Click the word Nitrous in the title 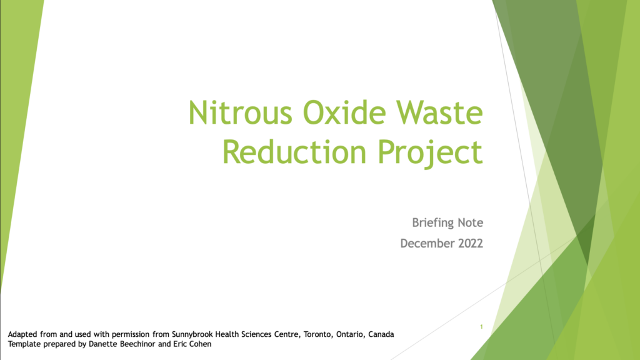pyautogui.click(x=240, y=112)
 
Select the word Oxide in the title pyautogui.click(x=344, y=112)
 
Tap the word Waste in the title pyautogui.click(x=439, y=112)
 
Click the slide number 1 pyautogui.click(x=481, y=326)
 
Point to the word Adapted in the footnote pyautogui.click(x=23, y=335)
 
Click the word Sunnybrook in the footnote pyautogui.click(x=192, y=334)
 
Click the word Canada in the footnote pyautogui.click(x=381, y=334)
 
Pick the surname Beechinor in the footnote pyautogui.click(x=136, y=344)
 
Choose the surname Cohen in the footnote pyautogui.click(x=201, y=344)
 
